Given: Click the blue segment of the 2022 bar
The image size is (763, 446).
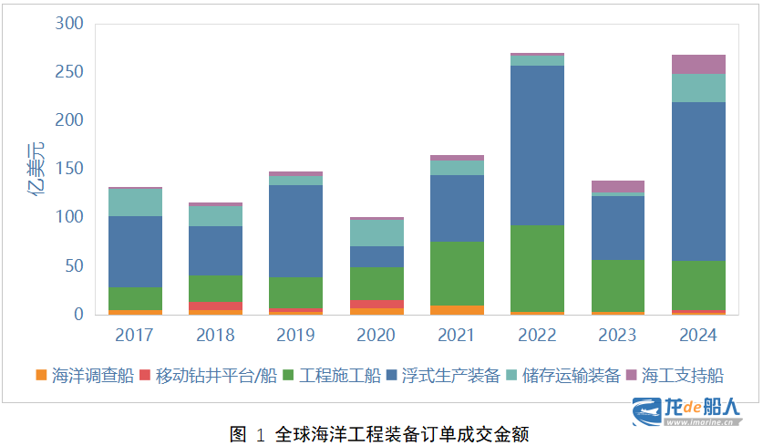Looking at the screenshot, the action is coord(537,145).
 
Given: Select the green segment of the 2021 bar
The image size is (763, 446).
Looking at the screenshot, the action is coord(457,274).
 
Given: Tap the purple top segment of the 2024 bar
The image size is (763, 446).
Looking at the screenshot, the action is coord(698,64).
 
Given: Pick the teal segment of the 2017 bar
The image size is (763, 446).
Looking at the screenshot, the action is coord(135,202).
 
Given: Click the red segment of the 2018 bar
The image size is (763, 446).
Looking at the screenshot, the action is coord(215,306).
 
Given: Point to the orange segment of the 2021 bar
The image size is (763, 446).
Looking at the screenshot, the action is coord(457,310).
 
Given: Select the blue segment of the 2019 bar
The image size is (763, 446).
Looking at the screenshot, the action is coord(296,232).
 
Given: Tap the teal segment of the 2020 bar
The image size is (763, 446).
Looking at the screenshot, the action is coord(376,233).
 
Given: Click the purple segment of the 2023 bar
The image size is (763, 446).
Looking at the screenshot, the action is coord(618,186).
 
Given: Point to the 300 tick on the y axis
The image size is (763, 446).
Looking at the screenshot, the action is coord(69,24).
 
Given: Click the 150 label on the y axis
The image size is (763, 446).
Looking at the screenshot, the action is coord(69,169).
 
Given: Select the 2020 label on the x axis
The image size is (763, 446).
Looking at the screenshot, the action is coord(376,335).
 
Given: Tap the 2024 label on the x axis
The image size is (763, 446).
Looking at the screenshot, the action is coord(697,335).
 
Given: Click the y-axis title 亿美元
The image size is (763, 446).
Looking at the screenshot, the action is coord(36,169).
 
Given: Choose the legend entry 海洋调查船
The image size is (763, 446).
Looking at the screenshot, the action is coord(85,376).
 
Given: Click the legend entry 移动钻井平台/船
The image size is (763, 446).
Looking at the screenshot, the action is coord(208,376).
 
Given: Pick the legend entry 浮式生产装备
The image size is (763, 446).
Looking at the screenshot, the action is coord(443,376).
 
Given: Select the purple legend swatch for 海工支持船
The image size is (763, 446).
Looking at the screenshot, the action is coord(631,375).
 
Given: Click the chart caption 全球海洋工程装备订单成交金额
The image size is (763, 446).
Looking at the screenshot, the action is coord(402,434).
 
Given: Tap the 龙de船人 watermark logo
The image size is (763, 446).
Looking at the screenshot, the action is coord(686,411).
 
